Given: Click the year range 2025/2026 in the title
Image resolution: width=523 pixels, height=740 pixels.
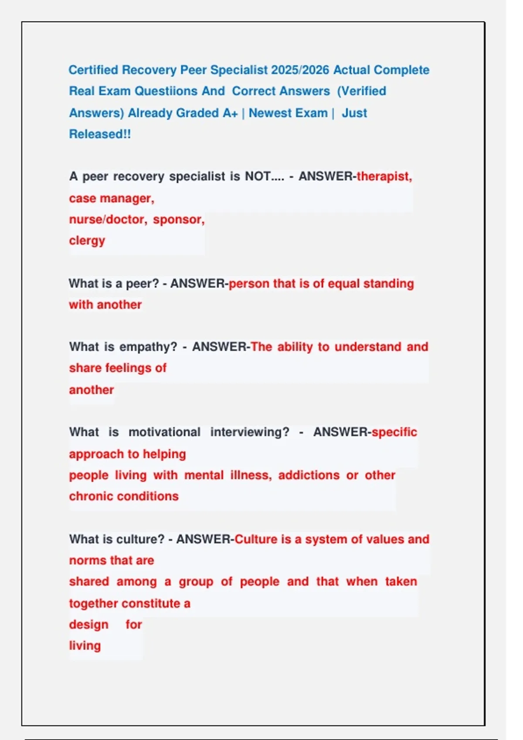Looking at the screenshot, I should (300, 70).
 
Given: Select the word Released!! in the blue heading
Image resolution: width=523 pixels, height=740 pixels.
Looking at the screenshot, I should (100, 134).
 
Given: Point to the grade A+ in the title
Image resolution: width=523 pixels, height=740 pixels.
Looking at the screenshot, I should (230, 113).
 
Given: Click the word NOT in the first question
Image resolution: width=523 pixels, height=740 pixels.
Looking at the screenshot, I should (258, 176).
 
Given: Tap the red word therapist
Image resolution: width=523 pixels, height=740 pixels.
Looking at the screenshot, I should (384, 176).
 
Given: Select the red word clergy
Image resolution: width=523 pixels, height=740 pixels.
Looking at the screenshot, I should (87, 241).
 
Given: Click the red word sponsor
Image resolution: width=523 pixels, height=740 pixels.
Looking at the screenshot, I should (178, 219).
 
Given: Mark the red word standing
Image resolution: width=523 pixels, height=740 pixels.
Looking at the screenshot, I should (388, 284).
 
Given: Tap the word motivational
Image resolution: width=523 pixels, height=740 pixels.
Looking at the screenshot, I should (164, 432).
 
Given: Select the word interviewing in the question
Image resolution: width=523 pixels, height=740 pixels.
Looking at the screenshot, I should (249, 432).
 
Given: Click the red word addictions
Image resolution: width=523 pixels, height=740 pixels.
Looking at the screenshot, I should (309, 475).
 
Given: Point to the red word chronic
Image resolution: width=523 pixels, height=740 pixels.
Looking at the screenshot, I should (91, 497).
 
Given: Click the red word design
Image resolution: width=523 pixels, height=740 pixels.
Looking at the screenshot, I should (88, 625).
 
